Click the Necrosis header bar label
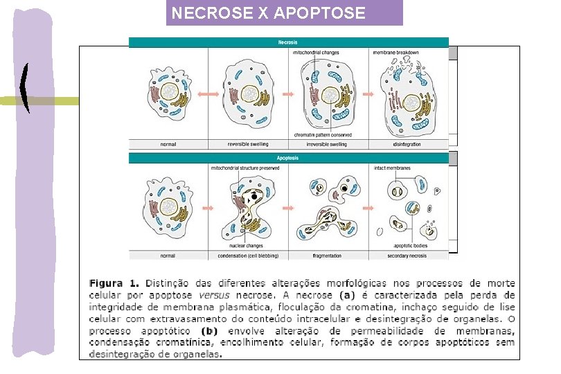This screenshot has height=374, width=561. [288, 43]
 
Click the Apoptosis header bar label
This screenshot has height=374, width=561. [288, 158]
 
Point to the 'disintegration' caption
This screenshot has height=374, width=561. [407, 145]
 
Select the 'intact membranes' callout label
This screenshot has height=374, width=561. [393, 168]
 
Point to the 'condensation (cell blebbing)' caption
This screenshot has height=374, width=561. [249, 256]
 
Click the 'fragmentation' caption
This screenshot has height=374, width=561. [327, 256]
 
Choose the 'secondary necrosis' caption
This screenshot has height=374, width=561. [407, 256]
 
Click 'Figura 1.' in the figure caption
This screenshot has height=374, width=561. [114, 283]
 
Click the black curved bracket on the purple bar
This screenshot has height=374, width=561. [26, 88]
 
